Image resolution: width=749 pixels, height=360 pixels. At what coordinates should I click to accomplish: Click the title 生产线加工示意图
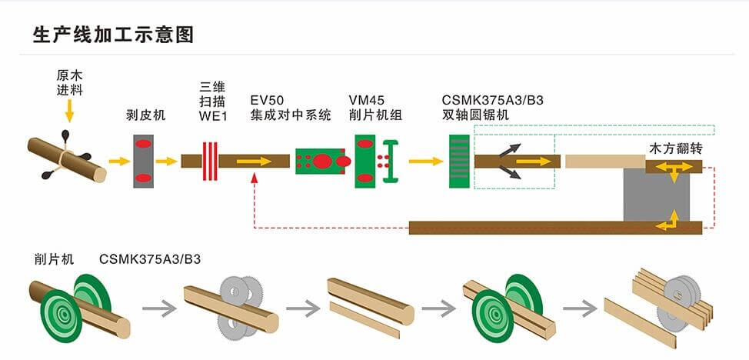[x=113, y=35]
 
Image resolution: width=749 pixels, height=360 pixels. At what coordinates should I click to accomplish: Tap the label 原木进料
[x=69, y=83]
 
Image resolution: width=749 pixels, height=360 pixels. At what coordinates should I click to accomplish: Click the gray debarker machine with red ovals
[x=143, y=162]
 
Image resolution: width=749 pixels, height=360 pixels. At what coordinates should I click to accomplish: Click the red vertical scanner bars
[x=210, y=161]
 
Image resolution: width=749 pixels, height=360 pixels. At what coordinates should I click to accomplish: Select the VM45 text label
[x=366, y=100]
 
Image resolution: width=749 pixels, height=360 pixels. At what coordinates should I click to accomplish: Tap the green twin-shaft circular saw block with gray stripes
[x=460, y=162]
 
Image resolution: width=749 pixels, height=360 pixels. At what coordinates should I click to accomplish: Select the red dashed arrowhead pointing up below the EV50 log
[x=255, y=178]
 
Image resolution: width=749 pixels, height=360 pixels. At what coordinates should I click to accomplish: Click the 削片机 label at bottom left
[x=54, y=258]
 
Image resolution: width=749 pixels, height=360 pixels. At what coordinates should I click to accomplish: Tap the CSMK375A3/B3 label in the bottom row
[x=150, y=258]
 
